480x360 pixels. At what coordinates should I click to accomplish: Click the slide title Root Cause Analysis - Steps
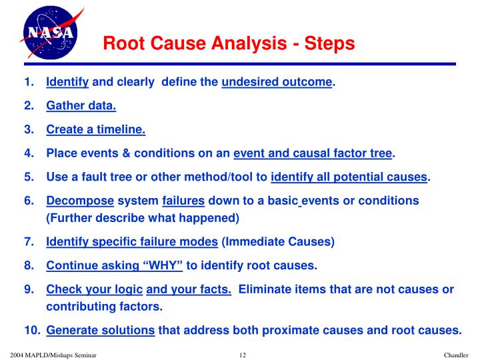coord(229,44)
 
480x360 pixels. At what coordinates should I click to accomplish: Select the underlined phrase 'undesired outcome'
coord(277,82)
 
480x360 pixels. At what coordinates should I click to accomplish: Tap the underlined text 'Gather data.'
coord(81,106)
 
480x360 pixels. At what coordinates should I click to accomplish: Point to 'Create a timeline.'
coord(95,130)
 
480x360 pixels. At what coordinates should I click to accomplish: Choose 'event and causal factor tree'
coord(313,154)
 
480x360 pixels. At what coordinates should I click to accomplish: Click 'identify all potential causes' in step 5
coord(349,177)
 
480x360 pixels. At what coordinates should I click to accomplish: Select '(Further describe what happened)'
coord(142,218)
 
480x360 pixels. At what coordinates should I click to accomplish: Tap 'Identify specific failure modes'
coord(132,242)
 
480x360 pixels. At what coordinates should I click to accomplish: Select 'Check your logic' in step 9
coord(94,289)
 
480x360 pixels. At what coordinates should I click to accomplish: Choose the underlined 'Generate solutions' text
coord(101,330)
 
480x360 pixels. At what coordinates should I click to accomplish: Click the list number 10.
coord(32,330)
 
